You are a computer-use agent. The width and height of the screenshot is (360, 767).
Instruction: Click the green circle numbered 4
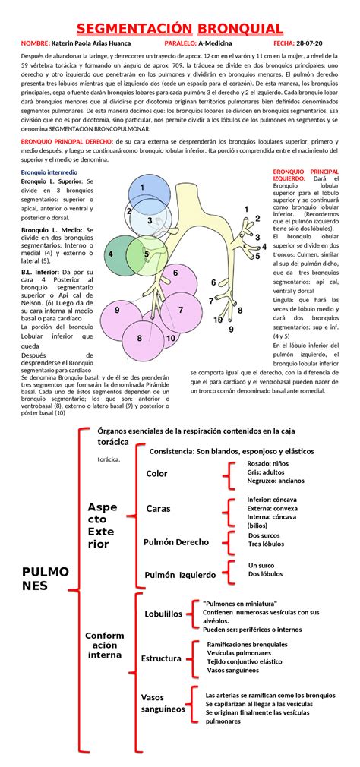pyautogui.click(x=113, y=254)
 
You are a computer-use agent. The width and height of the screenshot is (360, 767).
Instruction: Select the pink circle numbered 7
pyautogui.click(x=179, y=309)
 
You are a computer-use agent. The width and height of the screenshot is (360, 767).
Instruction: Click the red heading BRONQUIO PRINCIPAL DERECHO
pyautogui.click(x=67, y=140)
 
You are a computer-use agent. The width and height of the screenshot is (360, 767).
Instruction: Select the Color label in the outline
pyautogui.click(x=157, y=474)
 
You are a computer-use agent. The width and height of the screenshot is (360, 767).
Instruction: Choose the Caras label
pyautogui.click(x=159, y=508)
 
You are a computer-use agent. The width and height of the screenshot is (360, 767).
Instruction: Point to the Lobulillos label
pyautogui.click(x=163, y=614)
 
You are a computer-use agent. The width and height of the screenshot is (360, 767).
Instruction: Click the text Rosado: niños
pyautogui.click(x=269, y=462)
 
